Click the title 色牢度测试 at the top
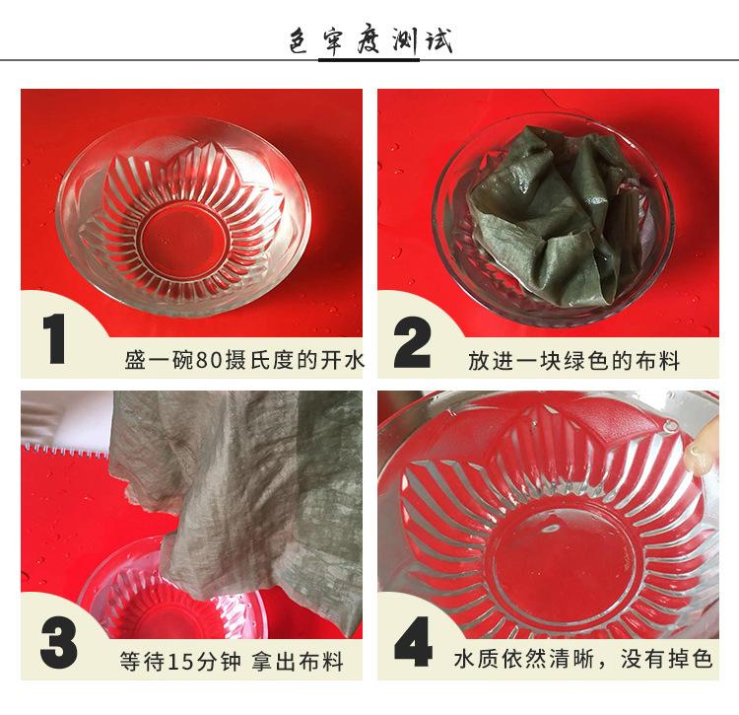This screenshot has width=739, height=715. pos(370,41)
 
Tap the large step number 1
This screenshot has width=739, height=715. pos(54,338)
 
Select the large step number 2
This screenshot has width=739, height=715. pos(412,342)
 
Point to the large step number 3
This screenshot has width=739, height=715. pos(58,643)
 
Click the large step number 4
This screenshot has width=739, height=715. pos(413,641)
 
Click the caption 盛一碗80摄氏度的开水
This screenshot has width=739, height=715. pos(244,360)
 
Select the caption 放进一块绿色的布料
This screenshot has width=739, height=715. pos(573,361)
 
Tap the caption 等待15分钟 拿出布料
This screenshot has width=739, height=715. pos(231,661)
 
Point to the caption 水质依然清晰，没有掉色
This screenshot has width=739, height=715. pos(583,659)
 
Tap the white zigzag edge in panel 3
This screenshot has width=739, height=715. pos(66,450)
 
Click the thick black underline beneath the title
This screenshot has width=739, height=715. pos(369,60)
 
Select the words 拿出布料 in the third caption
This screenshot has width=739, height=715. pos(297,661)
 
